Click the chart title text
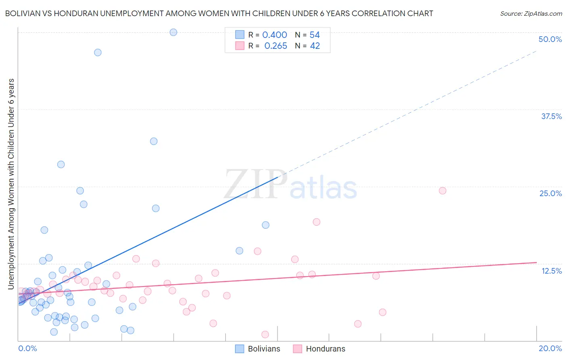[x=219, y=13]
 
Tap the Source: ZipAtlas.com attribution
[x=531, y=13]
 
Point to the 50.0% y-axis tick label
[x=550, y=39]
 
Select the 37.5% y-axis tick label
[x=551, y=116]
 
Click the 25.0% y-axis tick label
[x=550, y=193]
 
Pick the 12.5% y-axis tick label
[x=551, y=271]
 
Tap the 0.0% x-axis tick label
[x=27, y=348]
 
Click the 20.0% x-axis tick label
[x=550, y=348]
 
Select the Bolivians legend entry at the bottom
[x=258, y=349]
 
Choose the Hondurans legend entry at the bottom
[x=319, y=349]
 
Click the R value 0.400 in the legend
[x=275, y=35]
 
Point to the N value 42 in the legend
[x=315, y=46]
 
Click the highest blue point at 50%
[x=173, y=32]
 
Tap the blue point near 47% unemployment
[x=98, y=52]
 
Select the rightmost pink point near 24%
[x=442, y=190]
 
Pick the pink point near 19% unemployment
[x=317, y=222]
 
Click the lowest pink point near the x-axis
[x=265, y=334]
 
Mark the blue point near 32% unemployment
[x=154, y=141]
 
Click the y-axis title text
[x=11, y=184]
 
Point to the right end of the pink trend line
[x=536, y=262]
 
